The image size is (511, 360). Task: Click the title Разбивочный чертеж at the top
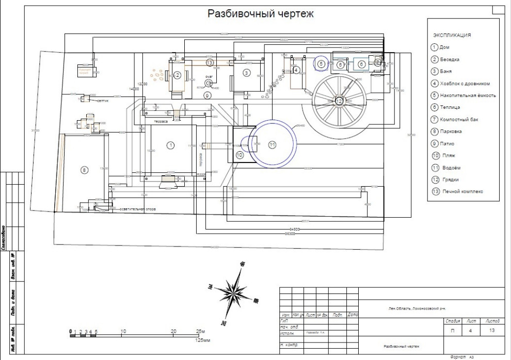click(x=260, y=13)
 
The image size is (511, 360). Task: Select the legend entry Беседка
click(x=448, y=59)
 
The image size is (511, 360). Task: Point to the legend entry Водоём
click(x=451, y=168)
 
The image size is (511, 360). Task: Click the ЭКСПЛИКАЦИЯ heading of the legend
click(x=452, y=36)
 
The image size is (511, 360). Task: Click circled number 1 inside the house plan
click(x=170, y=146)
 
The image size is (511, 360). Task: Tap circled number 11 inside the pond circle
click(x=273, y=145)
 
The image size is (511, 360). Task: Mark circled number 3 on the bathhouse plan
click(x=247, y=73)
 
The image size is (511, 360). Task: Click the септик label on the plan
click(x=103, y=101)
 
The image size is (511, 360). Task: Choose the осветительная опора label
click(x=133, y=209)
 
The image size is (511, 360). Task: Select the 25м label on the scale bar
click(x=201, y=331)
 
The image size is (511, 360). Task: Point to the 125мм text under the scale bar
click(x=200, y=340)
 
